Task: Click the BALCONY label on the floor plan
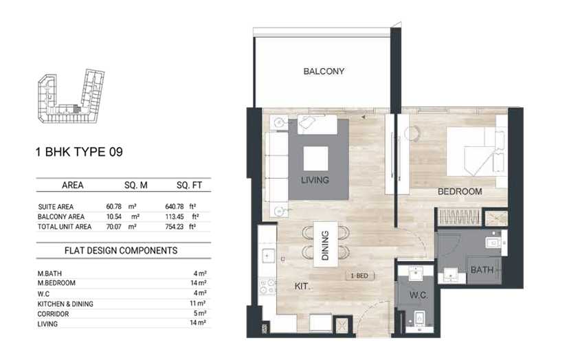point(324,71)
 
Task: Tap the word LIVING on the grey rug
point(315,180)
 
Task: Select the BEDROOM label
point(460,192)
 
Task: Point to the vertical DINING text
point(325,245)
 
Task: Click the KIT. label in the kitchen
point(302,286)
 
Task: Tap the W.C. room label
point(419,295)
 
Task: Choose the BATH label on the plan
point(482,269)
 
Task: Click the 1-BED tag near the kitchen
point(359,275)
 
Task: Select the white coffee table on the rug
point(315,158)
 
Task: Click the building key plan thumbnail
point(71,96)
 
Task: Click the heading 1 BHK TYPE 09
point(79,152)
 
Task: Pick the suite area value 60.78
point(113,207)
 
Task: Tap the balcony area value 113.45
point(175,217)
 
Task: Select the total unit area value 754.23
point(175,227)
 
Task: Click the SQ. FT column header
point(189,185)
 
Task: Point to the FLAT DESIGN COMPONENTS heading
point(121,251)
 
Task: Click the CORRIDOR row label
point(53,314)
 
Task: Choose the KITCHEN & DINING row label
point(65,304)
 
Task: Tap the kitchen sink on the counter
point(267,256)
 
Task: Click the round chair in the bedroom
point(412,133)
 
